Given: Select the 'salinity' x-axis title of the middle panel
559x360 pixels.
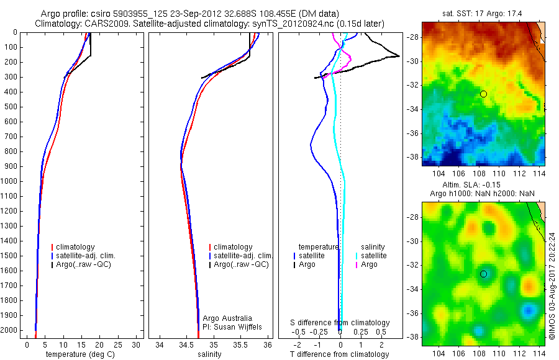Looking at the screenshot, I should [x=209, y=354].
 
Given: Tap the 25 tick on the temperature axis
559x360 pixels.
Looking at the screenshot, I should [x=117, y=344].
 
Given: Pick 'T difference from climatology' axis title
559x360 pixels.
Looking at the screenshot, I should [x=340, y=354].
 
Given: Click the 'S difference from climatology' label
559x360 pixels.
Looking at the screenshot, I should [x=340, y=323].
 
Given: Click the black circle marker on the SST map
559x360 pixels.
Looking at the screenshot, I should [x=483, y=94].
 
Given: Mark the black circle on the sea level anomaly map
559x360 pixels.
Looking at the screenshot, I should [x=483, y=274].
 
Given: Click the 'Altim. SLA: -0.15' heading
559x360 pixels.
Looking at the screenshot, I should [x=483, y=185].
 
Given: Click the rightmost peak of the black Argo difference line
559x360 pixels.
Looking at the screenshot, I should [x=399, y=56].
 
